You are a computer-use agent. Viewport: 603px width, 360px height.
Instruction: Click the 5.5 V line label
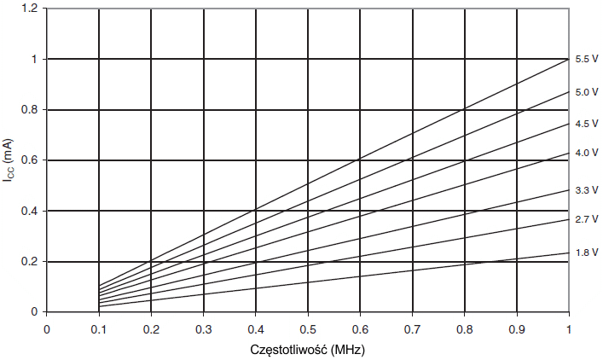click(x=586, y=60)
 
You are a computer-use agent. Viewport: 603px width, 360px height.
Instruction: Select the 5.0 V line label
click(x=586, y=92)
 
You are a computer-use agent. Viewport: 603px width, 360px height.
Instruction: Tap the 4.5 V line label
click(x=586, y=124)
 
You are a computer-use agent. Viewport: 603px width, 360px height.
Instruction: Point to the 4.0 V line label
click(x=586, y=154)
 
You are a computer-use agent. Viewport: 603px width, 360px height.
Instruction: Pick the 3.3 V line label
click(x=586, y=189)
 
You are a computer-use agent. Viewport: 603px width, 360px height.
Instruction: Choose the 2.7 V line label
click(x=586, y=219)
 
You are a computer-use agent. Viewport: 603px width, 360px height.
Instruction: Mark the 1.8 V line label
click(x=586, y=253)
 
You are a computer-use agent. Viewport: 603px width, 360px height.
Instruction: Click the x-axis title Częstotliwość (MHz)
click(x=307, y=350)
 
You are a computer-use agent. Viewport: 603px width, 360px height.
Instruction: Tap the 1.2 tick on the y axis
click(x=30, y=9)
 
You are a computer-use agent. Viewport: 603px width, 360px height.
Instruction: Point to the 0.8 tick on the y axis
click(x=30, y=110)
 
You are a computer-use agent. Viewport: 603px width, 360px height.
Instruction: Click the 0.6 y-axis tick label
click(x=30, y=160)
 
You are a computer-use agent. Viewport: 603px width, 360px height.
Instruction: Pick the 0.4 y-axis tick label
click(x=30, y=211)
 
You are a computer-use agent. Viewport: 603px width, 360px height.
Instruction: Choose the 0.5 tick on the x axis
click(x=308, y=328)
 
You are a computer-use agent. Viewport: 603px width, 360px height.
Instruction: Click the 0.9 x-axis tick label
click(x=516, y=328)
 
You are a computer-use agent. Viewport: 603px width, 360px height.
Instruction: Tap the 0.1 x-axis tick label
click(x=99, y=328)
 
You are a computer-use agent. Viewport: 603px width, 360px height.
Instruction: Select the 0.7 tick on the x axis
click(x=412, y=328)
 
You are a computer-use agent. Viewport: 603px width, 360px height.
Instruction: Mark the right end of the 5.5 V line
click(x=568, y=60)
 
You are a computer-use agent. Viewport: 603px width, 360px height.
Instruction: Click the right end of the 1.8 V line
click(x=568, y=253)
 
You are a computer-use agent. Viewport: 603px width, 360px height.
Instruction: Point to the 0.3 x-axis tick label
click(x=203, y=328)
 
